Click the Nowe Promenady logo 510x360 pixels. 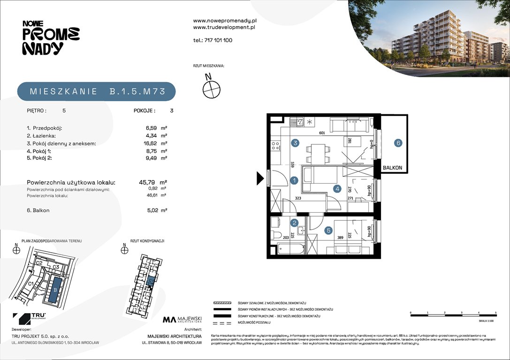(51, 38)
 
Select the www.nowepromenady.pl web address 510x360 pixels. (225, 21)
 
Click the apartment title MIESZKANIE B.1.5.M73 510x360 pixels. (97, 91)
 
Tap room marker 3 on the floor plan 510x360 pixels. (295, 143)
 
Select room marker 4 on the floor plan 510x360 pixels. (337, 189)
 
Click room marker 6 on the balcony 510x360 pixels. (398, 143)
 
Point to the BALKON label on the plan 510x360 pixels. (392, 167)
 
